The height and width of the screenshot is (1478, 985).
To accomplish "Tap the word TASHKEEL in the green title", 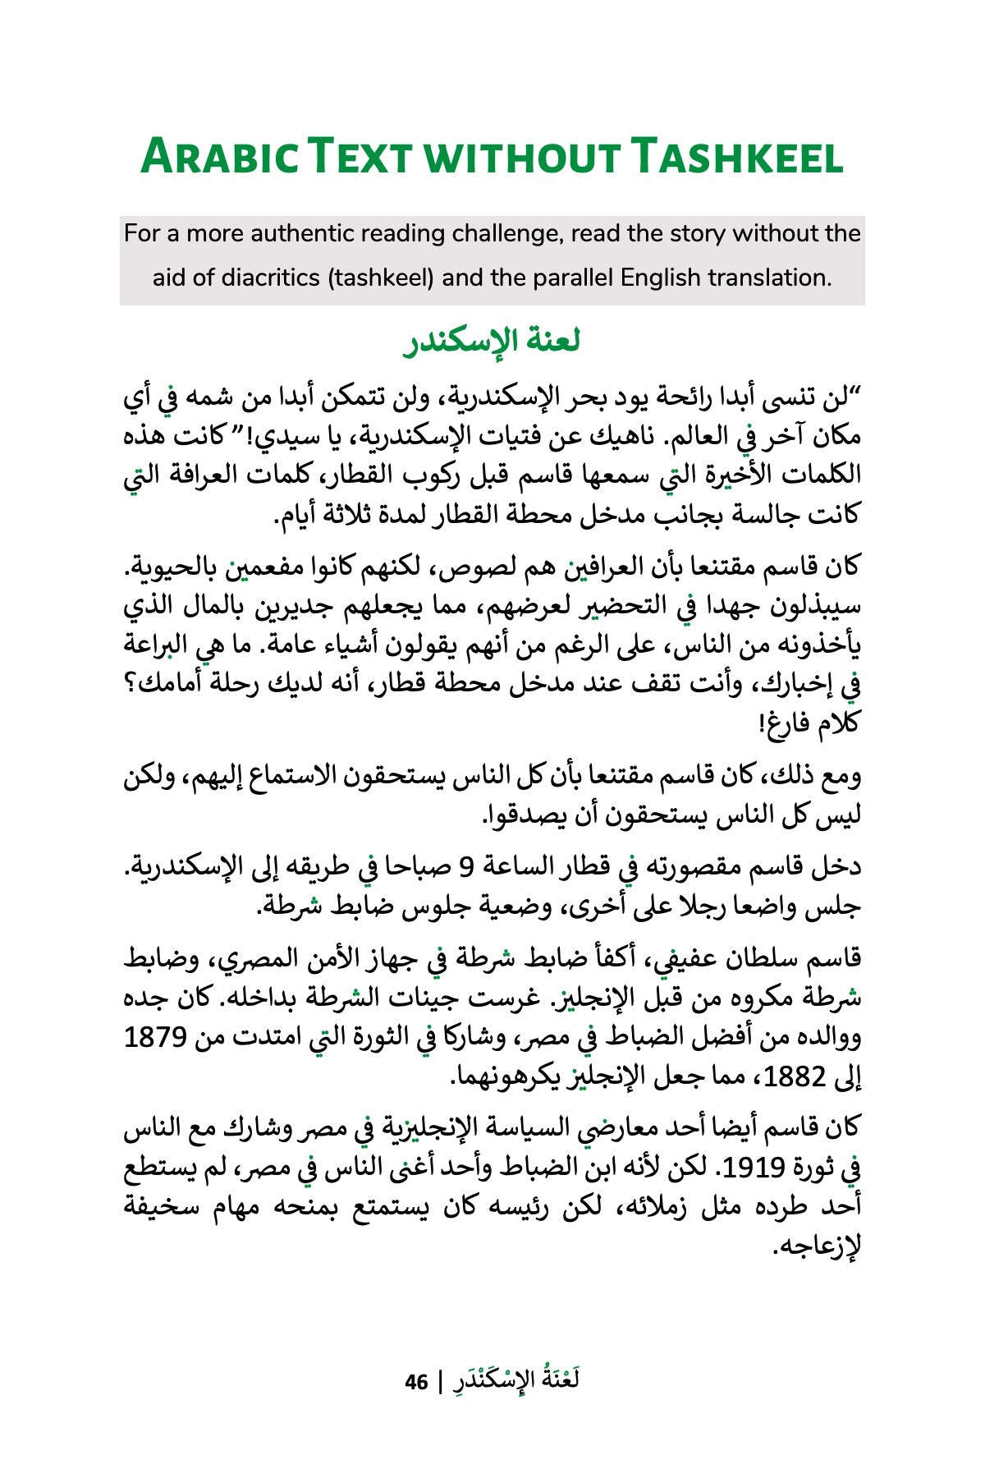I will click(x=740, y=158).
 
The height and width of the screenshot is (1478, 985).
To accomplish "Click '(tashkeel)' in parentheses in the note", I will click(x=379, y=278).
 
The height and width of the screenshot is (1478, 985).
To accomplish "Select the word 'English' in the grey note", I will click(x=662, y=278).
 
